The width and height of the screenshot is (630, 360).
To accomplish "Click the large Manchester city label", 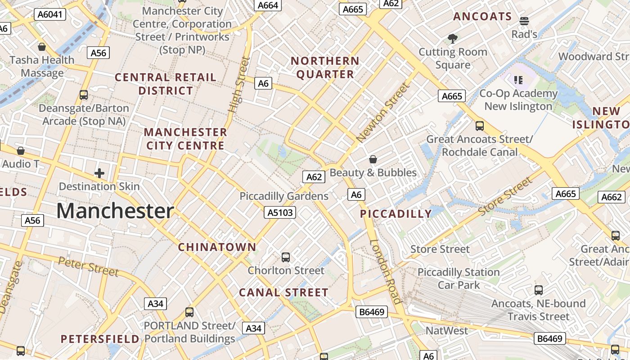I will click(x=115, y=211).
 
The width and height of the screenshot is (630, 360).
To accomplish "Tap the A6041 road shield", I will click(x=50, y=14).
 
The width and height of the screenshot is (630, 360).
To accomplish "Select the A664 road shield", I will click(x=269, y=5).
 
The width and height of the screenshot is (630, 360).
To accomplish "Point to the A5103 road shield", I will click(x=280, y=212).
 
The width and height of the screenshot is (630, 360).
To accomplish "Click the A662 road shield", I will click(x=611, y=197).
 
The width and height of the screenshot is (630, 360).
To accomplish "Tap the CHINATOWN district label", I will click(x=217, y=247).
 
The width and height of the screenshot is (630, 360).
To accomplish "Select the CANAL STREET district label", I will click(x=283, y=292).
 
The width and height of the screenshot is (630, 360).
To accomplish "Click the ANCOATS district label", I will click(x=482, y=17).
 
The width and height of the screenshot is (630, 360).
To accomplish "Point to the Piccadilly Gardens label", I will click(x=284, y=196).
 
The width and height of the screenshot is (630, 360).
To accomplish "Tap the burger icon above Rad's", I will click(x=524, y=21).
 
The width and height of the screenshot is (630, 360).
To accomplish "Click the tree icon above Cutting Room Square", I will click(x=453, y=39).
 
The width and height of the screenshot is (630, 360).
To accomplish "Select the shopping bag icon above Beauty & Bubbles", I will click(x=373, y=159).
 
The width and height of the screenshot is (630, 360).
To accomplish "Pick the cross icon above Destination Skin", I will click(x=99, y=173).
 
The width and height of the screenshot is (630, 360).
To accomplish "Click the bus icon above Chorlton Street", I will click(x=286, y=257).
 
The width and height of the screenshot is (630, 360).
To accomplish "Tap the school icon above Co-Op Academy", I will click(x=518, y=80).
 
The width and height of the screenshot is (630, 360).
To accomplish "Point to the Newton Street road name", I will click(x=382, y=113).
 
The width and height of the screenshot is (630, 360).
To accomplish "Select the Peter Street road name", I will click(x=89, y=266).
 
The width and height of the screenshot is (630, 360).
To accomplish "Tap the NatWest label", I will click(x=447, y=331).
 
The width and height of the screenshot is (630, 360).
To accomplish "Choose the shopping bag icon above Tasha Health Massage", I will click(x=42, y=47).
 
